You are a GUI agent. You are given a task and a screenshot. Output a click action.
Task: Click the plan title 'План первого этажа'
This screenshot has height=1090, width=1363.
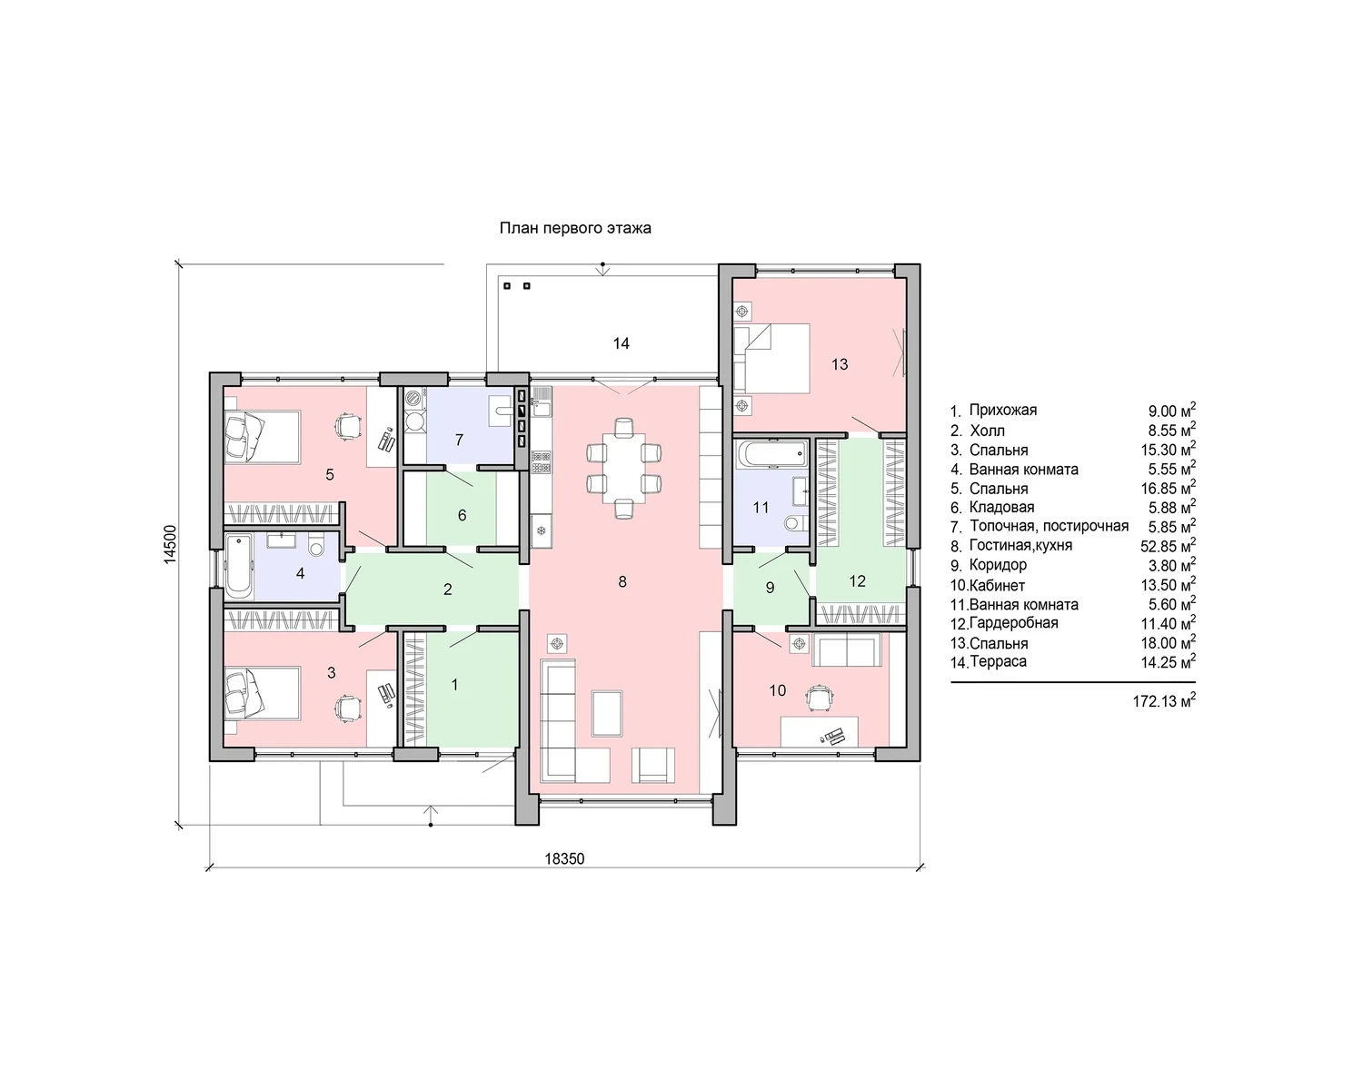(x=575, y=228)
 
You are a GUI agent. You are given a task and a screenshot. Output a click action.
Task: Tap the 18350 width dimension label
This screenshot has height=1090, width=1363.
(x=564, y=858)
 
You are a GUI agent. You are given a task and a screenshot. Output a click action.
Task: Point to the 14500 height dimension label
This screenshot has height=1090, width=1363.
(x=170, y=545)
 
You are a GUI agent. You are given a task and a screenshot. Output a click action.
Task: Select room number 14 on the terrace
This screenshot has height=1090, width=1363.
(x=621, y=343)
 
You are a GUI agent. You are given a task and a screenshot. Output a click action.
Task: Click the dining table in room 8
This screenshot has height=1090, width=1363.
(x=624, y=468)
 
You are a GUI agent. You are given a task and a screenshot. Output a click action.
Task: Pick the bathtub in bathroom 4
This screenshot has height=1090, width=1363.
(x=239, y=566)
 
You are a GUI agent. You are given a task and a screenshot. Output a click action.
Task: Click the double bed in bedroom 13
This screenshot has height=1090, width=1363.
(x=771, y=359)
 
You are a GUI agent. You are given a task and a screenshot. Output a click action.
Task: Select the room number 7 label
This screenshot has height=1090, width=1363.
(x=459, y=440)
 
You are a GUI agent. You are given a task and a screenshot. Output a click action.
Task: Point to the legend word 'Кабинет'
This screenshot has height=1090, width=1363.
(x=997, y=585)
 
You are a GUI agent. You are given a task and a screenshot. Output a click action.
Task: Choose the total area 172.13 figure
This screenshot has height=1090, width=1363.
(x=1164, y=700)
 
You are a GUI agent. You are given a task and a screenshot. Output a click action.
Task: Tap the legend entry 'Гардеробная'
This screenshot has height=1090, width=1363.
(x=1013, y=623)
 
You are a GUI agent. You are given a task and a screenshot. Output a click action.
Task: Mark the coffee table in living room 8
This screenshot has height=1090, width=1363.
(x=607, y=713)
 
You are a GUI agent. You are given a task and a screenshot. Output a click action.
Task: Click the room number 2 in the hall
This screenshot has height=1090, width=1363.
(x=448, y=590)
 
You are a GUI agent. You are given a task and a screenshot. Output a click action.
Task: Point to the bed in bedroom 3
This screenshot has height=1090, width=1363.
(x=263, y=693)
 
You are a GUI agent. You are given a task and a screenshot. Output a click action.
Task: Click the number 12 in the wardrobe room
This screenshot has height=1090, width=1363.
(x=857, y=581)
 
